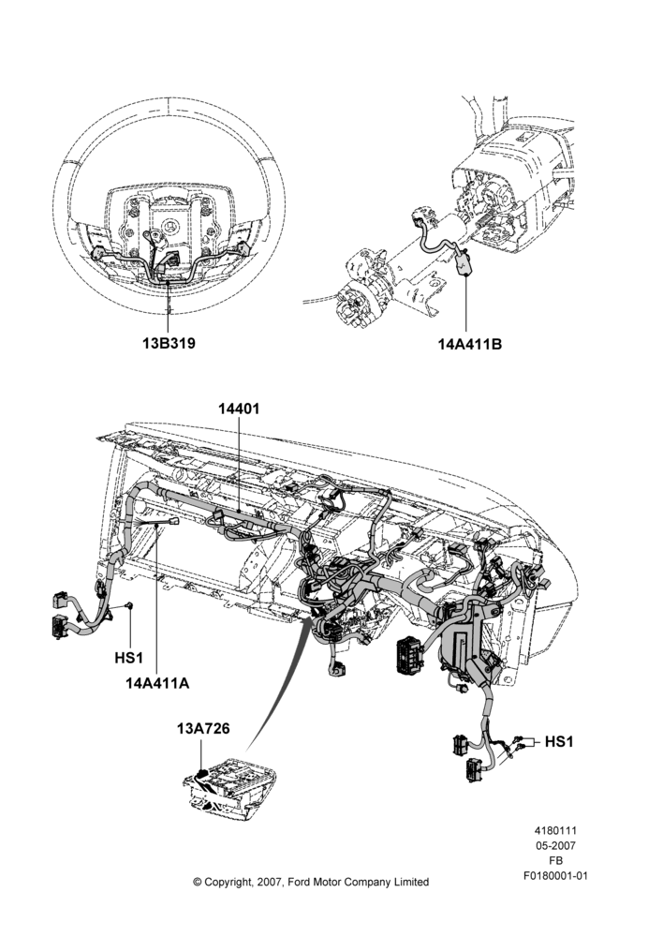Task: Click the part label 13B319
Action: [x=169, y=344]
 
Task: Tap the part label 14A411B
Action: [x=470, y=344]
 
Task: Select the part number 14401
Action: [x=239, y=409]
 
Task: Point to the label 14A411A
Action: [x=157, y=683]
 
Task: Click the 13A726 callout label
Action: [x=203, y=728]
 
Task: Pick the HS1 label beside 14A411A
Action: [x=129, y=658]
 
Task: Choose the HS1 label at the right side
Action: [x=559, y=741]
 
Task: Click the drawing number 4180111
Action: [x=555, y=830]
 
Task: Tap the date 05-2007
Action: [x=555, y=845]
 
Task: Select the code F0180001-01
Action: [x=555, y=876]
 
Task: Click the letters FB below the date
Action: [x=555, y=861]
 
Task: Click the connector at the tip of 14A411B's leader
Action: [x=464, y=264]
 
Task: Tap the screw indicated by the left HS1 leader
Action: [x=129, y=606]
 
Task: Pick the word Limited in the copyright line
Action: [x=411, y=882]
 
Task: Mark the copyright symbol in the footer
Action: [x=197, y=882]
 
